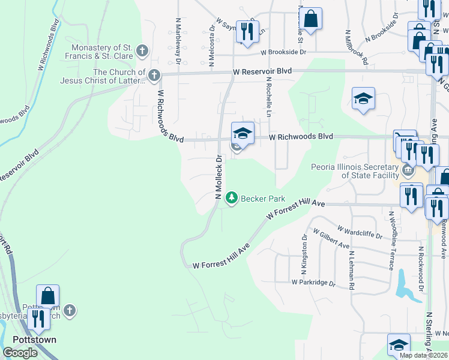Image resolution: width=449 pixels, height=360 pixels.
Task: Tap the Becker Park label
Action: [x=262, y=199]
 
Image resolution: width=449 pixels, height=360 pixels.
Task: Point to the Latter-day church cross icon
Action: [x=154, y=76]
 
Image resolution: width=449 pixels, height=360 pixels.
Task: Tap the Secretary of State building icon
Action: [x=408, y=170]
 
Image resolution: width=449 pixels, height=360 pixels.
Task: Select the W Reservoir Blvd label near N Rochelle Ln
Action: [x=262, y=71]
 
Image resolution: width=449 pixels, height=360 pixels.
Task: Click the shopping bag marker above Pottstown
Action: [x=48, y=296]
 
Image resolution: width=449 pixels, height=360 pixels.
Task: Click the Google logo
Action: [x=20, y=353]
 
